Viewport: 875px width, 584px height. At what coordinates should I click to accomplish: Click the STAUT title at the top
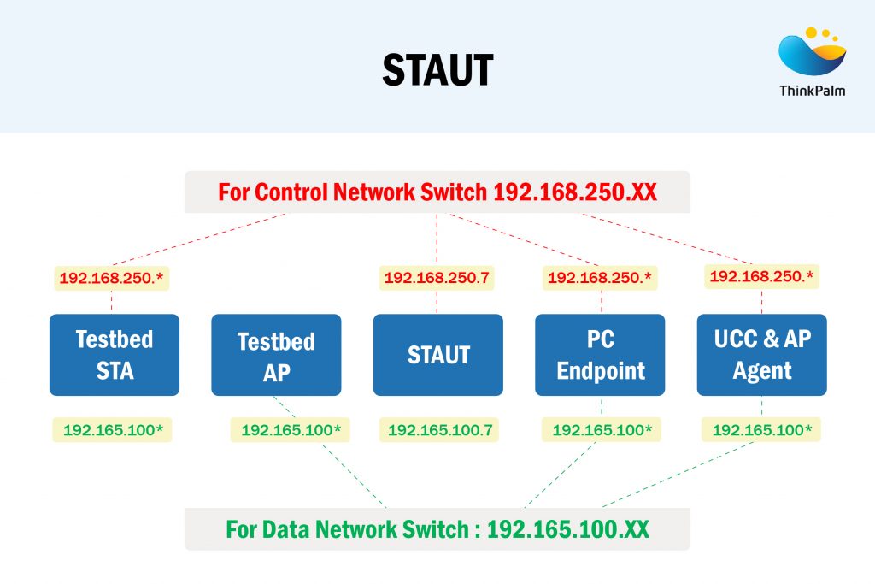437,70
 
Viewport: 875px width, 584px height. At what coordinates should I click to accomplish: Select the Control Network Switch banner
437,192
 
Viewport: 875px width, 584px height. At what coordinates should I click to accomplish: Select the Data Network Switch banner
437,529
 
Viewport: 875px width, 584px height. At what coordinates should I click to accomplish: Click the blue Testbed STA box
115,355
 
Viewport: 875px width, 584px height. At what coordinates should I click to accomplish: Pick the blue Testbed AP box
276,355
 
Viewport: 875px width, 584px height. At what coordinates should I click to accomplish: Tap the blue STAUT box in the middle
437,355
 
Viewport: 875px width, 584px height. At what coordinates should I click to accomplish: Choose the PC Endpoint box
600,355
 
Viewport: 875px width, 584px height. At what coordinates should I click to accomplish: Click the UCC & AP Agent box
761,355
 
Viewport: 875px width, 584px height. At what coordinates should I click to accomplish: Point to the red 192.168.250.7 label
437,278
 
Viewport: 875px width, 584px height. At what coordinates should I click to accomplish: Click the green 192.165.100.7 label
440,429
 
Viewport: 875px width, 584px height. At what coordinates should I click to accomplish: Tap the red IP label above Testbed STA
113,278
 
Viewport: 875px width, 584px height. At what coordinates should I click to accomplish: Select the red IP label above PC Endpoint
600,278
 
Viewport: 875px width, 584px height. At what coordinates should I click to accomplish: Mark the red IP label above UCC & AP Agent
761,276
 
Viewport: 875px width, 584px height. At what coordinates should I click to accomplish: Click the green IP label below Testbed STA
113,429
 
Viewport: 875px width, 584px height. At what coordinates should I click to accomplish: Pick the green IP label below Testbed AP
291,429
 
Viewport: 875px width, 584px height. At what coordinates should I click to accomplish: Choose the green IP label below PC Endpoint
602,429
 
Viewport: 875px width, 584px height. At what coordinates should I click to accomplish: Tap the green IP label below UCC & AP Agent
761,429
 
